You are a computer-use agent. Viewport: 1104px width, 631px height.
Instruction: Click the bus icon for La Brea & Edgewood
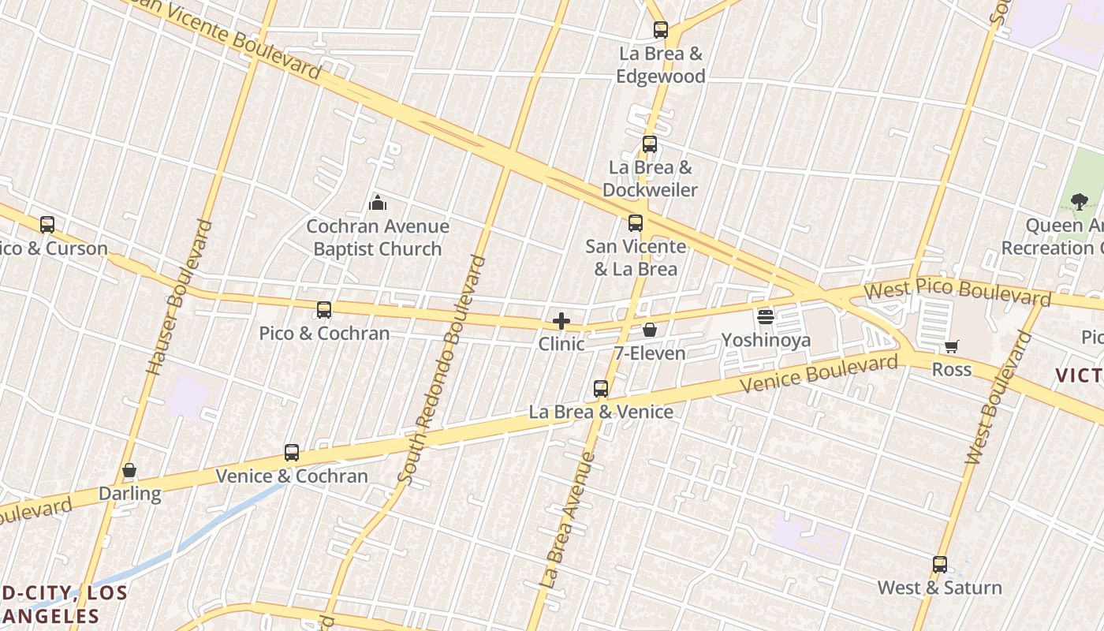click(661, 31)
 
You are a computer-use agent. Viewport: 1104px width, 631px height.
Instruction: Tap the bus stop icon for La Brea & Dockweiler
click(650, 144)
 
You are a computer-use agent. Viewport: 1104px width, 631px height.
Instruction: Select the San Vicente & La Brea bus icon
click(636, 223)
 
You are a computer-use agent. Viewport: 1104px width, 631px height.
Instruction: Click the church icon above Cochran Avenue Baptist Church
click(378, 203)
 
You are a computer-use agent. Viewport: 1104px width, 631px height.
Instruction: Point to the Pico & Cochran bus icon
click(324, 310)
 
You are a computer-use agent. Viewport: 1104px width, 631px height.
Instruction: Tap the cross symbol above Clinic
click(561, 321)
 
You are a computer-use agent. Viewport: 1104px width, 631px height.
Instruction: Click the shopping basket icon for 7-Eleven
click(650, 330)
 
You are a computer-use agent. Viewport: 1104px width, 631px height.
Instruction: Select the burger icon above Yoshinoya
click(766, 317)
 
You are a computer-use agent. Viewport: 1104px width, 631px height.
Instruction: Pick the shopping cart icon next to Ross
click(952, 346)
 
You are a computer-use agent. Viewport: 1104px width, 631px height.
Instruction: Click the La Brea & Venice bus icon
click(601, 389)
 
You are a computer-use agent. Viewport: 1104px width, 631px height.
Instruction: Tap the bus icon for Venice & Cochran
click(292, 453)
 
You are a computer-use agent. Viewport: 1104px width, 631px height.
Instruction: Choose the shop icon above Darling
click(129, 471)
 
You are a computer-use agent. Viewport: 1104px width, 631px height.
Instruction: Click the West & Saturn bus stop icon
click(940, 565)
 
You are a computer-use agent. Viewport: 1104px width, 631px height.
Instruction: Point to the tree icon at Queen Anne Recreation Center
click(1080, 202)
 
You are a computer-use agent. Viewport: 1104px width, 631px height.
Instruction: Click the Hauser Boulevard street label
click(179, 297)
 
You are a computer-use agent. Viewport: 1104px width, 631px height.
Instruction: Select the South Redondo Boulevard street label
click(442, 368)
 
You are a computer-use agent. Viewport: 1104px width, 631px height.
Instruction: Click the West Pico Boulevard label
click(957, 293)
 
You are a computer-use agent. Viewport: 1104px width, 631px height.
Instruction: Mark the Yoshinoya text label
click(766, 341)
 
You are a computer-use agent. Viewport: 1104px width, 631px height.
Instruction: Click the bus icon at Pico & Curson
click(47, 225)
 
